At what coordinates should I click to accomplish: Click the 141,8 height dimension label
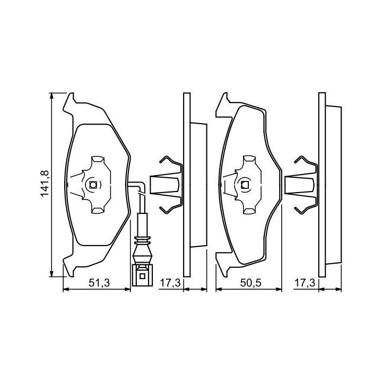tap(45, 184)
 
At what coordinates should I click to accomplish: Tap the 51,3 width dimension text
tap(99, 283)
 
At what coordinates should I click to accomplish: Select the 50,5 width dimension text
tap(250, 283)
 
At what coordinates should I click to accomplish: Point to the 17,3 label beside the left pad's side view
tap(170, 283)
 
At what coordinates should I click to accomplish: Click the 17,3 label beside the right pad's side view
tap(305, 283)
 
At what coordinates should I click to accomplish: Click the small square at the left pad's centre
tap(93, 185)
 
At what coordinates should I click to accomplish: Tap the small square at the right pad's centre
tap(245, 185)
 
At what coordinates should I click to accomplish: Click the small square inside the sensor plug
tap(142, 276)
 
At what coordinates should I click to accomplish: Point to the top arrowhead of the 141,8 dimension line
tap(51, 95)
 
